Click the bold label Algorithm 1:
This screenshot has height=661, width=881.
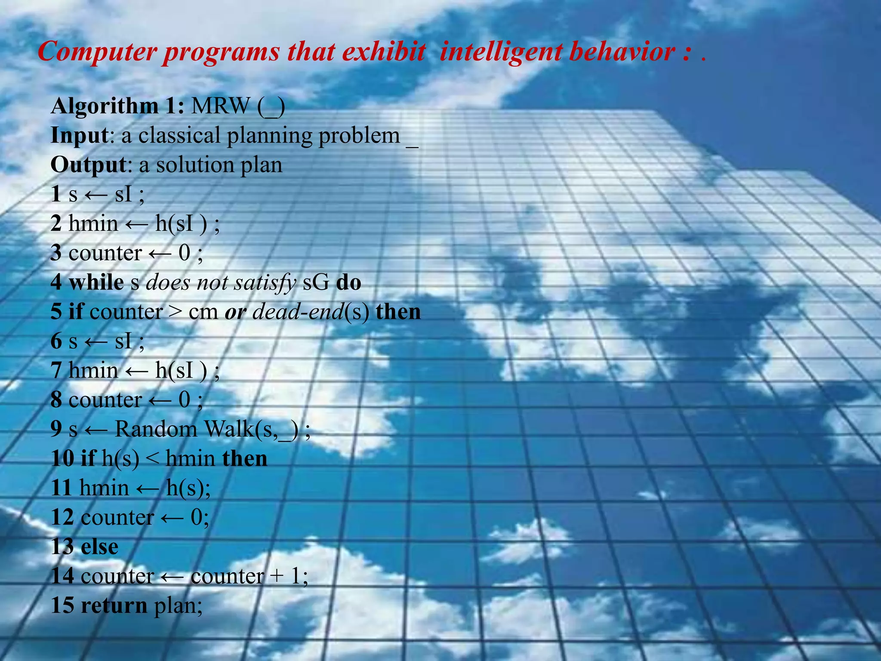[117, 106]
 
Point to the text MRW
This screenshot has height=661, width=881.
[221, 106]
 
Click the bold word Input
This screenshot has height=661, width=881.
[79, 136]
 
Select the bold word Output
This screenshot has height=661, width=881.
[89, 165]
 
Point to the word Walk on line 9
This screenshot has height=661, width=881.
[230, 429]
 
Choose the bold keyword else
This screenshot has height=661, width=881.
[99, 547]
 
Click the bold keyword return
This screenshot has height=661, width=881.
[114, 605]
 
